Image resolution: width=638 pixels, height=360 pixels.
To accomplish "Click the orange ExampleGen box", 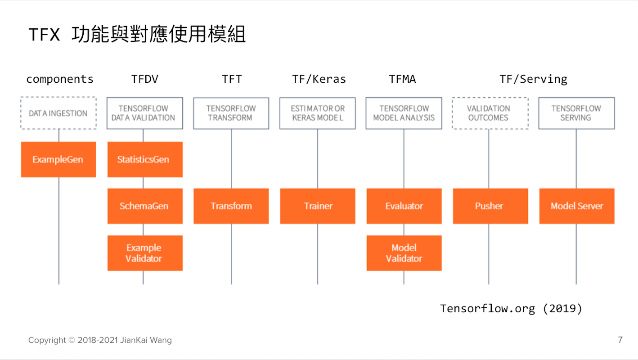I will (58, 159).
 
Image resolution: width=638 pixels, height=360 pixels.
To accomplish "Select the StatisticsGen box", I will (145, 159).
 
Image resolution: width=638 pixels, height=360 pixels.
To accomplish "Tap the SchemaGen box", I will (145, 206).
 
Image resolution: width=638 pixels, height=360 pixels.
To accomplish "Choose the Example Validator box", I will (145, 253).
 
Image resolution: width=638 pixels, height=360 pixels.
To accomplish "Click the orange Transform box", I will (231, 206).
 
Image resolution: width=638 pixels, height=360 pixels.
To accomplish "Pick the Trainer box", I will (318, 206).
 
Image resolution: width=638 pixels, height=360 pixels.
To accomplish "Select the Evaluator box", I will (404, 206).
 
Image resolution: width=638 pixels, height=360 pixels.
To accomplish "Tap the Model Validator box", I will (404, 253).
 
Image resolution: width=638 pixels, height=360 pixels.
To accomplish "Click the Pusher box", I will (490, 206).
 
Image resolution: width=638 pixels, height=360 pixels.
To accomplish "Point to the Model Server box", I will (577, 206).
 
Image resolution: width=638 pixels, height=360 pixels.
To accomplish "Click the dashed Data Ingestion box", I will (58, 113).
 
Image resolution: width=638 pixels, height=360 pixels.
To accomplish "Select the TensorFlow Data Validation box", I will (145, 113).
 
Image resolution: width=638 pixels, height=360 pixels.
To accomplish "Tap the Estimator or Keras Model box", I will (318, 113).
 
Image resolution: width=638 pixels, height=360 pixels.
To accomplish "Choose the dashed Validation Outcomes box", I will (490, 113).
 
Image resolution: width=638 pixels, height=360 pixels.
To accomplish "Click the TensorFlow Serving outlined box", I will (577, 113).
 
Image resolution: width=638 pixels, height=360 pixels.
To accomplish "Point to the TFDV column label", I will (145, 79).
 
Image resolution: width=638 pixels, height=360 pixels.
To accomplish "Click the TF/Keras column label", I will (319, 79).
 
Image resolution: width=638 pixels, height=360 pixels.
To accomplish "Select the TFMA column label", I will (402, 79).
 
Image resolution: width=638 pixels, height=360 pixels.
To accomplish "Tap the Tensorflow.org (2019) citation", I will (511, 309).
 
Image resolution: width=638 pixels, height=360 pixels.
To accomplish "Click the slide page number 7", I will (620, 340).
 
